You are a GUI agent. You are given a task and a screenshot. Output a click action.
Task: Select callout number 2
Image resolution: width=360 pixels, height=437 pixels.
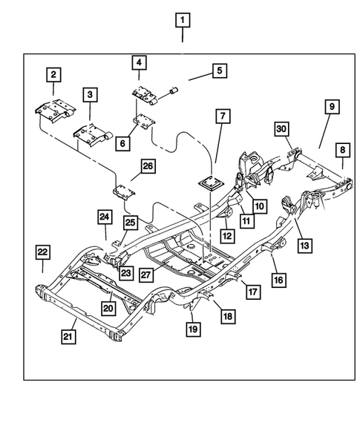54,74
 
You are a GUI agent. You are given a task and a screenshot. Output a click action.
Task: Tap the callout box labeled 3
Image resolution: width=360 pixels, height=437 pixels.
90,94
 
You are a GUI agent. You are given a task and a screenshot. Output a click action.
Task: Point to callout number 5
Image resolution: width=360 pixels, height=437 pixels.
220,71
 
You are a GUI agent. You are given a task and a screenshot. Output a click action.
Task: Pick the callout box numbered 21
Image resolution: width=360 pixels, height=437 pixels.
68,338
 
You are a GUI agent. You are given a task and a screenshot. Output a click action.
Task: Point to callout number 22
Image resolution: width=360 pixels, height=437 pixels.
43,254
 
